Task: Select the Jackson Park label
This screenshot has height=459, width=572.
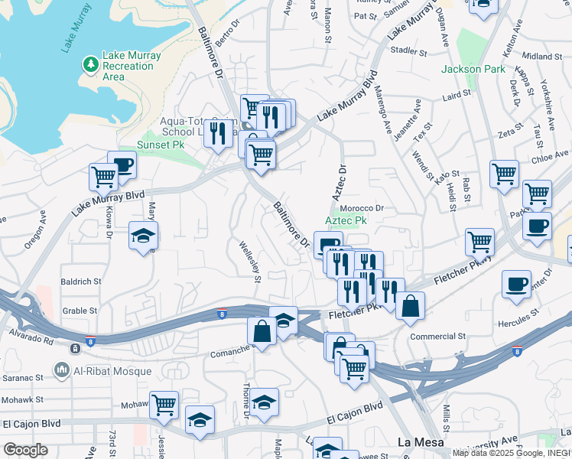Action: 473,69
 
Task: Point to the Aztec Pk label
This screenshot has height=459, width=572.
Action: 346,220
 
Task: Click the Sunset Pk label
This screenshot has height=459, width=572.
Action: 161,144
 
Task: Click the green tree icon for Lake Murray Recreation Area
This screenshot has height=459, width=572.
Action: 90,62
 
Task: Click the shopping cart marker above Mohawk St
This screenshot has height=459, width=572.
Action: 164,404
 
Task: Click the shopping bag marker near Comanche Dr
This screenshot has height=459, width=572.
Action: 262,331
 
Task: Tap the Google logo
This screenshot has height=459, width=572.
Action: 25,450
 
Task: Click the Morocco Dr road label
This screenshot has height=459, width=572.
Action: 361,207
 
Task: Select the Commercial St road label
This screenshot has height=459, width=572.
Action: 438,336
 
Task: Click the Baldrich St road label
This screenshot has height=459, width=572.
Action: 81,282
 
